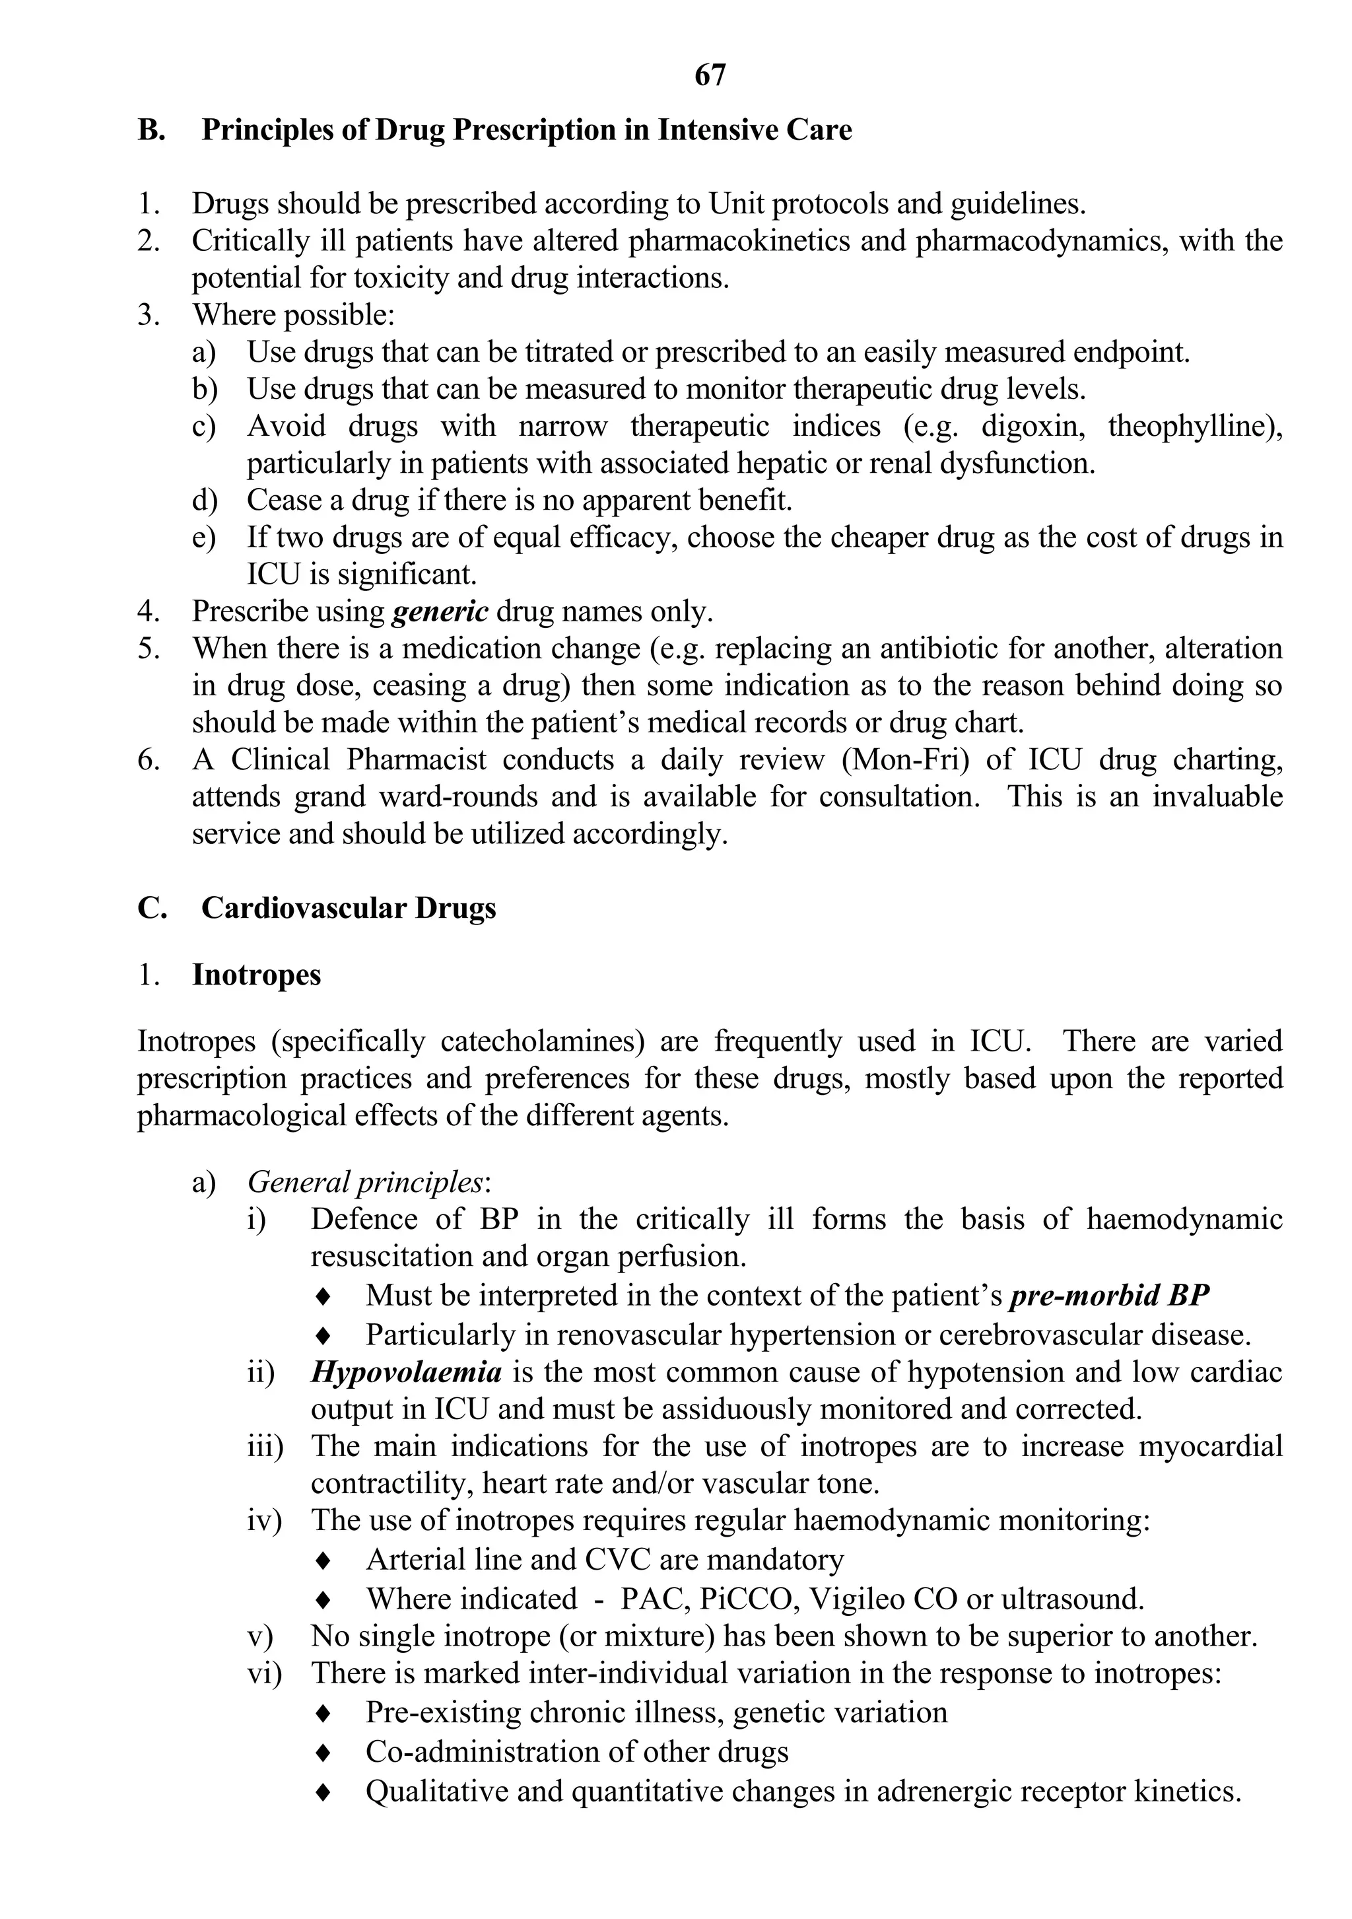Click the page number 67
[710, 76]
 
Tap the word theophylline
[1192, 426]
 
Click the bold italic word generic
[440, 611]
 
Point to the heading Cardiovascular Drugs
[349, 909]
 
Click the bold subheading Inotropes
[257, 975]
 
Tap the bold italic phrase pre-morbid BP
[1110, 1296]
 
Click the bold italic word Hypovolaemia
[407, 1372]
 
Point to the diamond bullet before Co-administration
[323, 1752]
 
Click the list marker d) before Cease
[204, 501]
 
